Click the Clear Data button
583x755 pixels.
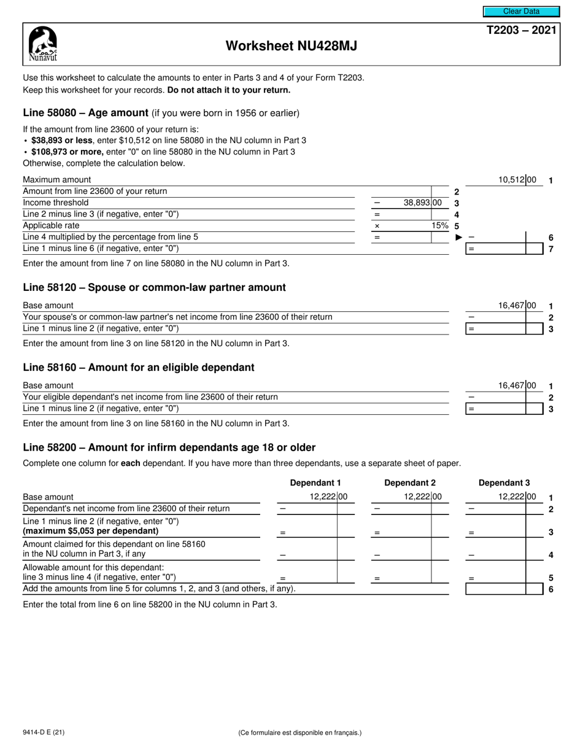pyautogui.click(x=521, y=11)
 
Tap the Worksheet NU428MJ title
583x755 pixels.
pyautogui.click(x=291, y=46)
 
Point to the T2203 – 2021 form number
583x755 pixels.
pyautogui.click(x=522, y=31)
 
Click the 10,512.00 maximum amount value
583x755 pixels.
pyautogui.click(x=517, y=180)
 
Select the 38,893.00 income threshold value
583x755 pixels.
pyautogui.click(x=422, y=203)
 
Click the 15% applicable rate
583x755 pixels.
pyautogui.click(x=439, y=225)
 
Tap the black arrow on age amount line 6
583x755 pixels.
pyautogui.click(x=458, y=237)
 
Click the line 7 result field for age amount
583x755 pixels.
pyautogui.click(x=504, y=249)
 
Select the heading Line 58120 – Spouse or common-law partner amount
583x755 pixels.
pyautogui.click(x=154, y=287)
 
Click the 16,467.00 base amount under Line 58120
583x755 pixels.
pyautogui.click(x=518, y=306)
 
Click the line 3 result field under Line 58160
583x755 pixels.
pyautogui.click(x=504, y=409)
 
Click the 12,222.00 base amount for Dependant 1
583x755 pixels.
pyautogui.click(x=329, y=497)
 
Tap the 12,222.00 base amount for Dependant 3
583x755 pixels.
pyautogui.click(x=517, y=497)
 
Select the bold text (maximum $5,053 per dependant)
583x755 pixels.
pyautogui.click(x=91, y=530)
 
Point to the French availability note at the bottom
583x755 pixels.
pyautogui.click(x=299, y=732)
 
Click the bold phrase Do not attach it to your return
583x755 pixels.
pyautogui.click(x=228, y=90)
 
